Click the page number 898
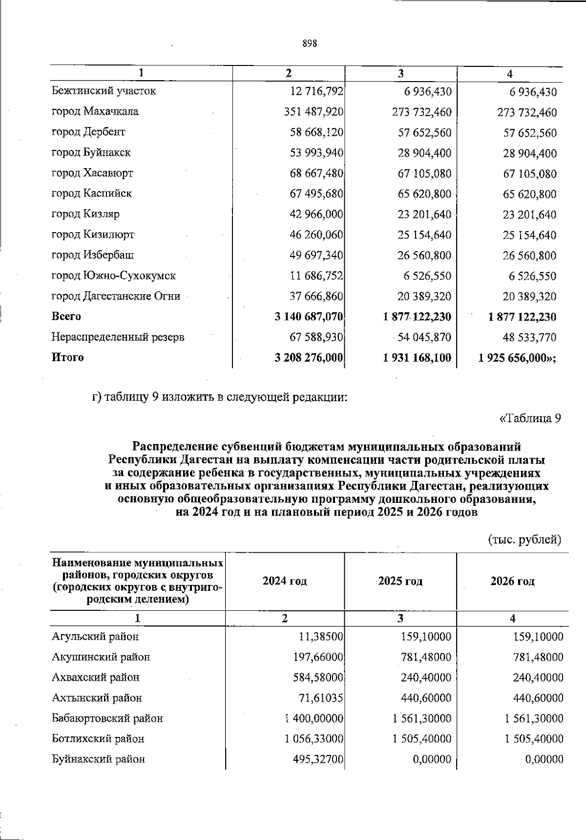pos(310,43)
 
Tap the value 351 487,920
pos(314,112)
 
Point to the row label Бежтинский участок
pos(104,91)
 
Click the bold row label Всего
pos(66,317)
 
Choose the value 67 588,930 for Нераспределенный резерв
pos(316,337)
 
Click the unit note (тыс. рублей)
pos(525,540)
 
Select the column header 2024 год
pos(285,581)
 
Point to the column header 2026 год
pos(512,581)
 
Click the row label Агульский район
pos(95,637)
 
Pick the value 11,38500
pos(321,637)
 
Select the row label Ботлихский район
pos(98,739)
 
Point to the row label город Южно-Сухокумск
pos(114,276)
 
